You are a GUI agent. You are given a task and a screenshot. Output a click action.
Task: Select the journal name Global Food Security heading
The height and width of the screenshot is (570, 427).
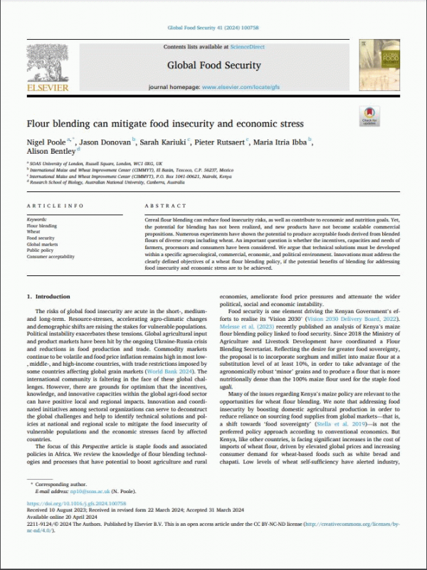click(211, 65)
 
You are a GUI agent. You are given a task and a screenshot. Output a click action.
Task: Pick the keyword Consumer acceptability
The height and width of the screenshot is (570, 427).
click(51, 256)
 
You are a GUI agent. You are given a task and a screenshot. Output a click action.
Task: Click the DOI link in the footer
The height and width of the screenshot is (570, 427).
click(83, 526)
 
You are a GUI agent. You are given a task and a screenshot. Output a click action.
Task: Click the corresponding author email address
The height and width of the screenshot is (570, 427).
click(80, 512)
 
